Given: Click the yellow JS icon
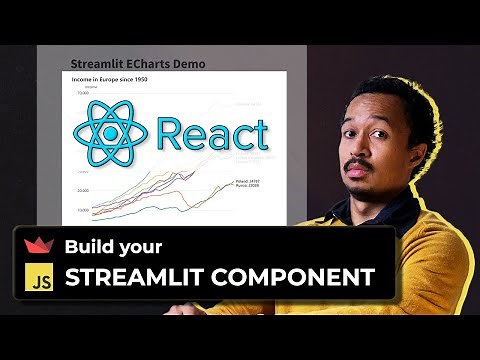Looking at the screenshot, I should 37,277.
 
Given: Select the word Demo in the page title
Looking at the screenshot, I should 187,64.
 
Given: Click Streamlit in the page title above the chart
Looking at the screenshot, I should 93,64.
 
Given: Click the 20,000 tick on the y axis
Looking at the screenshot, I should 84,190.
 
